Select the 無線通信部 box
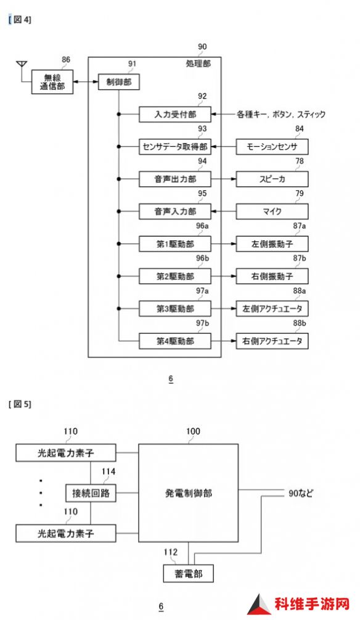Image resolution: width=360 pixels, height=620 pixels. (52, 82)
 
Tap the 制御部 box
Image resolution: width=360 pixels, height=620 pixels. (119, 82)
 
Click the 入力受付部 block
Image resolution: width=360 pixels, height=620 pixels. (175, 114)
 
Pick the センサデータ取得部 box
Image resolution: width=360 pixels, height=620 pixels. (175, 147)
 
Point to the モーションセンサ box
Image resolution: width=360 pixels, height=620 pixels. (272, 147)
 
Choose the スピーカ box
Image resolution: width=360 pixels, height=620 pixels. (272, 179)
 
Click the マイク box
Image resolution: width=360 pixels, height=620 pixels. (272, 211)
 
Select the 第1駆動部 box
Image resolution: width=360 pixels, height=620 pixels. (175, 244)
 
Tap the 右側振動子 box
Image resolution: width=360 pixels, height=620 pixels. (272, 276)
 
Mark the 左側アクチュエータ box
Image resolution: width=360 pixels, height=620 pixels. (272, 309)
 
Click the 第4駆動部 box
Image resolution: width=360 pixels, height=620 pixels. (175, 341)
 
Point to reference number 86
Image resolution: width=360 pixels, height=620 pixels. (66, 60)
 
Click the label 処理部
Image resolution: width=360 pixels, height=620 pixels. (198, 63)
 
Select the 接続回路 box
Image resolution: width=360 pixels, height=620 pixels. (91, 493)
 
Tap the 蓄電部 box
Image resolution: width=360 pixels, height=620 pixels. (188, 573)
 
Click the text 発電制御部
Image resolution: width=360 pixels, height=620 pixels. (188, 493)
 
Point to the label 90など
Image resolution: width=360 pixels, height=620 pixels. (301, 493)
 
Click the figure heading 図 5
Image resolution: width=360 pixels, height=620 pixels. (20, 404)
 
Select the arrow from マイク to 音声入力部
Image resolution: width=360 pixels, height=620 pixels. (224, 211)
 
